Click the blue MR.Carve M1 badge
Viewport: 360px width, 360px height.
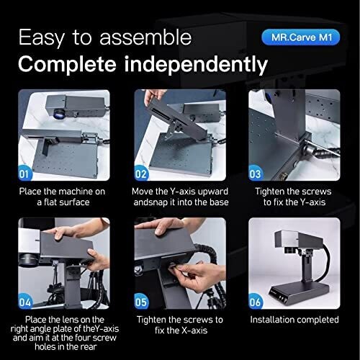point(301,37)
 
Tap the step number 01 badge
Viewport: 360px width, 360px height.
point(24,174)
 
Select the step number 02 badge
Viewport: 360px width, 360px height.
point(141,174)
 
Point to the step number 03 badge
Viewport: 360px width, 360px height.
point(256,174)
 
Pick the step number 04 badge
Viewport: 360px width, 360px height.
point(25,302)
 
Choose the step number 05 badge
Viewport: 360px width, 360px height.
point(141,302)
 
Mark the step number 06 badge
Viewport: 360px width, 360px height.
point(256,302)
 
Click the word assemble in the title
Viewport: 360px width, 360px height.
point(145,37)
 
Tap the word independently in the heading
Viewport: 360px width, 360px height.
point(196,64)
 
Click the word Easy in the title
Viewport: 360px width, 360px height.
point(41,38)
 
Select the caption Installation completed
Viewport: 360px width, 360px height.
point(294,320)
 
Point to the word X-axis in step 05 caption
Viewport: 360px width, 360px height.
point(194,330)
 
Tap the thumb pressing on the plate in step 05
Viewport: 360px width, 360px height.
point(161,230)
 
